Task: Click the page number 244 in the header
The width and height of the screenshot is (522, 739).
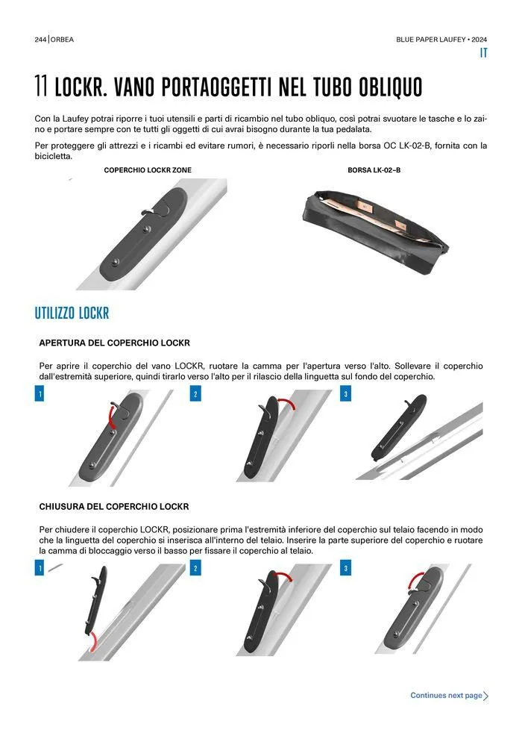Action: (40, 40)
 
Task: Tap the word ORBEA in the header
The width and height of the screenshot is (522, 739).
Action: (62, 40)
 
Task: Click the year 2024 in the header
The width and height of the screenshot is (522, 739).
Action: (479, 40)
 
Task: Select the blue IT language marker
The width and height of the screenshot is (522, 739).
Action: (483, 53)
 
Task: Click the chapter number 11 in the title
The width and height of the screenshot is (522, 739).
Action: (41, 87)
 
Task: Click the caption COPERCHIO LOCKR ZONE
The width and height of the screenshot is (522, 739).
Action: (148, 170)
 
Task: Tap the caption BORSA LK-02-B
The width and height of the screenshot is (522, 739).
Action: (374, 170)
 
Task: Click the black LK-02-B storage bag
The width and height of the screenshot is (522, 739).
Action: (375, 231)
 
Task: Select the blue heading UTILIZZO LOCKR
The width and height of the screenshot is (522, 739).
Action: (72, 313)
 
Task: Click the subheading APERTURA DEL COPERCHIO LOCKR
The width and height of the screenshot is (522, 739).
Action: (114, 343)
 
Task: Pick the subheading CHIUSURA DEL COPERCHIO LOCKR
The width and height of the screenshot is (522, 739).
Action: (114, 507)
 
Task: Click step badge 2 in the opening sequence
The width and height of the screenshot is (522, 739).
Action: (195, 394)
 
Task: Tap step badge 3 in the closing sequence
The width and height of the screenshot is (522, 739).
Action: (345, 568)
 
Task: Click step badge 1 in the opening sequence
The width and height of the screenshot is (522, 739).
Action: (40, 394)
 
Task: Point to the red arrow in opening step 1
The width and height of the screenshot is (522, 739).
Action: (111, 417)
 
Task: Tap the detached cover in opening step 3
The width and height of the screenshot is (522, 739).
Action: (399, 427)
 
